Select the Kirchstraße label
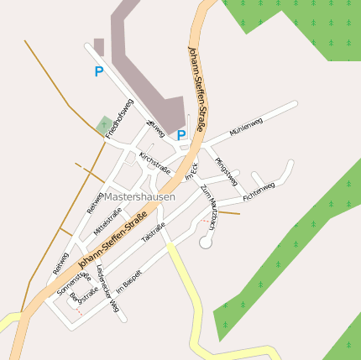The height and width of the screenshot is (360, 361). click(x=155, y=163)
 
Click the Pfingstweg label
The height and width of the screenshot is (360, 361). click(x=226, y=171)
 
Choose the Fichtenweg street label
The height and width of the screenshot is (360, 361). click(x=259, y=192)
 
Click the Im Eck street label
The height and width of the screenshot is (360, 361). click(x=190, y=170)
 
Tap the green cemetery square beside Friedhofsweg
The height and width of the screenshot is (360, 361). click(x=104, y=126)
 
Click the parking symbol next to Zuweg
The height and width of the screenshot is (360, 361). click(x=181, y=134)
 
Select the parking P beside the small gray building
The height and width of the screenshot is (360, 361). click(x=99, y=72)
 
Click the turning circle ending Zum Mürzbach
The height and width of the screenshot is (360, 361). click(x=206, y=242)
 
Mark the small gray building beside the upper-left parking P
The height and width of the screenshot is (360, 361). click(x=99, y=46)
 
